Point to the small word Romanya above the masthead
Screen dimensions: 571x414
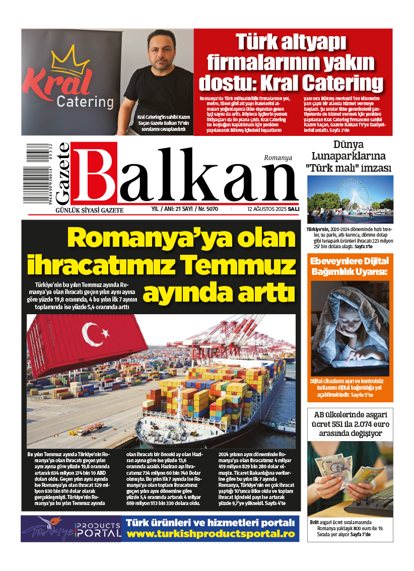[278, 158]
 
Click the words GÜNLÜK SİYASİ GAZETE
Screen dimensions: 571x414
[89, 210]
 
